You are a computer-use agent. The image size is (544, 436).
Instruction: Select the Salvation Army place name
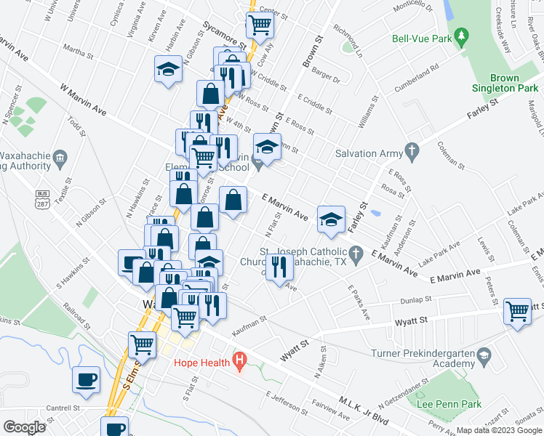click(367, 153)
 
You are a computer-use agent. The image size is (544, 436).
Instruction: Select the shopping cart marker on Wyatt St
click(518, 311)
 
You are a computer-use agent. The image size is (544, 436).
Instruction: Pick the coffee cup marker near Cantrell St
click(86, 379)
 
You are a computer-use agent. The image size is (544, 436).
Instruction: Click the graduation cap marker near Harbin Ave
click(168, 69)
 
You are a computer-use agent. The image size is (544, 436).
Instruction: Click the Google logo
click(24, 427)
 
